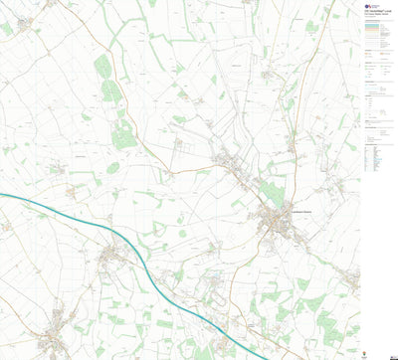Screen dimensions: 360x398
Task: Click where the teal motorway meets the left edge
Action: point(1,195)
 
